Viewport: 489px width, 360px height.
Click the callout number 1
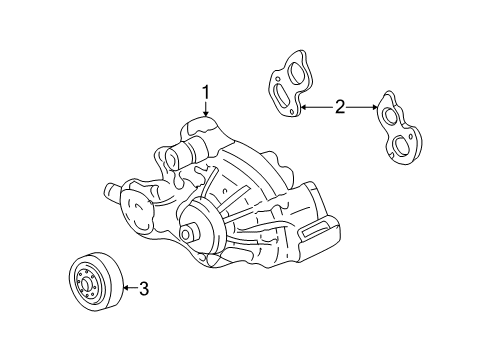click(207, 94)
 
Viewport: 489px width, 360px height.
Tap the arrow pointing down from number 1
click(207, 112)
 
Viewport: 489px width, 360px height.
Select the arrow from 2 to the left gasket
click(315, 106)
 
